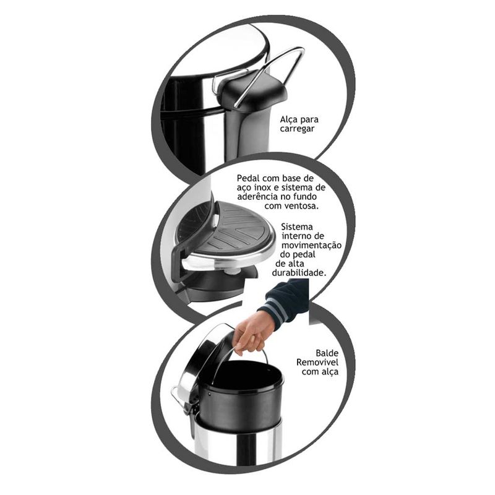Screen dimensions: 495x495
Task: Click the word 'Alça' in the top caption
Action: tap(288, 120)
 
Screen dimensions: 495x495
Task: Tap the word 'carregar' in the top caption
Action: tap(297, 129)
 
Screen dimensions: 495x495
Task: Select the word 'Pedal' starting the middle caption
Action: tap(249, 178)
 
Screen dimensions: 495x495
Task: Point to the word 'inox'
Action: tap(262, 187)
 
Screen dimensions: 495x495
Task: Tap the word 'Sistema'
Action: tap(297, 226)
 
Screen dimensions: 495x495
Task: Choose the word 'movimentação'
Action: tap(312, 245)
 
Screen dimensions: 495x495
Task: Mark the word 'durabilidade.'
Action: tap(299, 272)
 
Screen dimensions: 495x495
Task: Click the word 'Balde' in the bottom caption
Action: tap(327, 353)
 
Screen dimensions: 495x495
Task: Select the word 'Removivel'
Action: tap(317, 362)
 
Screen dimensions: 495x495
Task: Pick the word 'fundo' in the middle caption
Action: tap(304, 196)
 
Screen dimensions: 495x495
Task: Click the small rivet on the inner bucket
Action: tap(209, 394)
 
